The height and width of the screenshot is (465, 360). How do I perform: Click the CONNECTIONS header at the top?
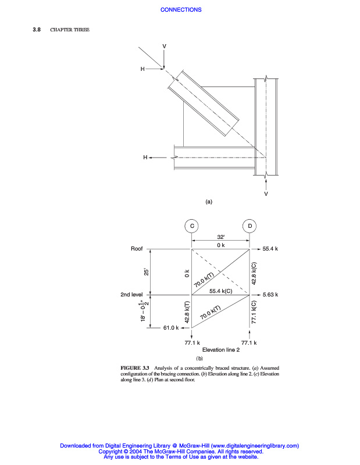(180, 9)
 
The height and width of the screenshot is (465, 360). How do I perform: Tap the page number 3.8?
(36, 30)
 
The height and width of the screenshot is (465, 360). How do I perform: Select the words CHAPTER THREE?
(70, 30)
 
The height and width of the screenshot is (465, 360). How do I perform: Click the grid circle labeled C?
(191, 226)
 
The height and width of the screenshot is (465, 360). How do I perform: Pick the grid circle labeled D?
(249, 226)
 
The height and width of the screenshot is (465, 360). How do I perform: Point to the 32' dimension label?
(220, 237)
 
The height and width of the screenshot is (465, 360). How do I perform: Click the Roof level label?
(137, 249)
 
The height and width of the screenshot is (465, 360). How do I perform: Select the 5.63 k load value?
(270, 295)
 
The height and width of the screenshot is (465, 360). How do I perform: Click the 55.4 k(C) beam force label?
(221, 291)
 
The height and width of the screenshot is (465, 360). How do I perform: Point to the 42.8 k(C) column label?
(254, 272)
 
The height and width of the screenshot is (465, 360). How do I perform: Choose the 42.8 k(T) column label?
(187, 312)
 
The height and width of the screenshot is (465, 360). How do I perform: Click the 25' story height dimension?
(147, 271)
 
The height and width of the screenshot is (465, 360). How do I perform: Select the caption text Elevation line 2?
(220, 350)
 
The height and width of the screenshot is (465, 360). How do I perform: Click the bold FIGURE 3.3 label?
(135, 369)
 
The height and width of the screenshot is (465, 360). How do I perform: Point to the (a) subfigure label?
(209, 202)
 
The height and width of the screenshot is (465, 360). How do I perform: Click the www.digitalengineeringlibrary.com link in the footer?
(251, 446)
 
